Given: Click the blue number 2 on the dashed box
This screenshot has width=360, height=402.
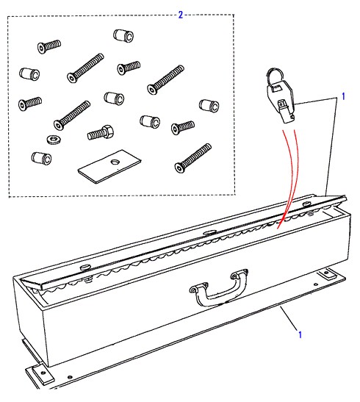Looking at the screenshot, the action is (181, 15).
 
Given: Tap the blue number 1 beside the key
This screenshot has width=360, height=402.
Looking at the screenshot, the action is (344, 96).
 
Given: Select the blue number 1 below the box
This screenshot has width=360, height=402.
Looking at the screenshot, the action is (300, 334).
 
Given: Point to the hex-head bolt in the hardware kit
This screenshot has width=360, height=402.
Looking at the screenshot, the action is (100, 132).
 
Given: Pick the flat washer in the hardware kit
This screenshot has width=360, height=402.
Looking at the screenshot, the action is (54, 140).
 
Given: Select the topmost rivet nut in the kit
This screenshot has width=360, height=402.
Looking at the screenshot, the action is (123, 35).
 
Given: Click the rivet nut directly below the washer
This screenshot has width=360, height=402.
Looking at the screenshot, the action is (41, 158).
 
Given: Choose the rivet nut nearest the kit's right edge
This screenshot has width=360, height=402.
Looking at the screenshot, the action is (209, 105).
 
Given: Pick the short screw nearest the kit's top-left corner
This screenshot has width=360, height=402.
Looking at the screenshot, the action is (49, 46).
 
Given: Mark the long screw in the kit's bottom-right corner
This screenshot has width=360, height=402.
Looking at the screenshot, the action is (193, 158).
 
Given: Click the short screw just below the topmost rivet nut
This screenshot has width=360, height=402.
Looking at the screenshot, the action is (129, 68).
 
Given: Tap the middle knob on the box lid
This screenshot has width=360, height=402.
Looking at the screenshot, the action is (210, 232).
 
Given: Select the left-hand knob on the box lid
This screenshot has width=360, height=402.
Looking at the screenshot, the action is (86, 268).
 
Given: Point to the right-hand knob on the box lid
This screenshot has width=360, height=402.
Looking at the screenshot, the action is (306, 204).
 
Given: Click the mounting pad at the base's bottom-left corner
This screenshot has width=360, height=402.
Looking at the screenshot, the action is (40, 374).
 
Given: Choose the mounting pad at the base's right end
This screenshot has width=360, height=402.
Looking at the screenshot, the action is (327, 273).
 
